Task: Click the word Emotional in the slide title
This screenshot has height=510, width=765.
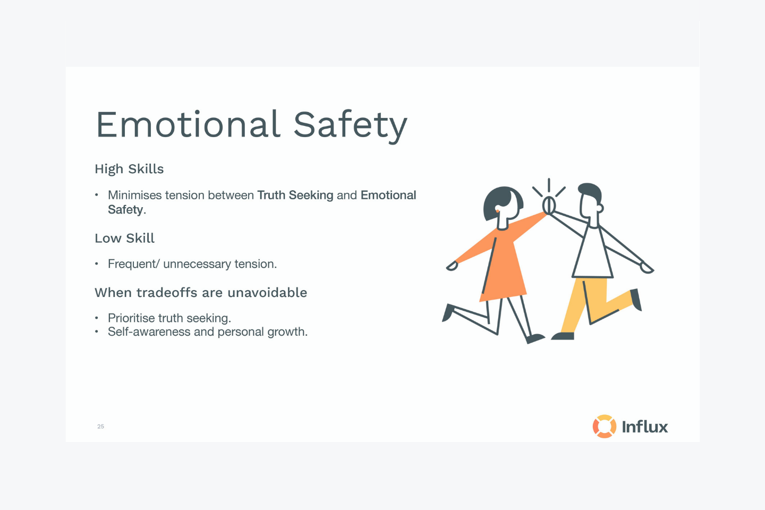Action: tap(189, 124)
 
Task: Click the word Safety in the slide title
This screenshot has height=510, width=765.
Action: tap(351, 127)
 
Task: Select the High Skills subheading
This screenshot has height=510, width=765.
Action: tap(129, 169)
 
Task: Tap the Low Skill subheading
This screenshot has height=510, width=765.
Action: tap(125, 238)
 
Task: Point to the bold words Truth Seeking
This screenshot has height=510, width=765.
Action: tap(295, 195)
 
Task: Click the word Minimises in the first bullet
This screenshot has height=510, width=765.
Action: tap(135, 195)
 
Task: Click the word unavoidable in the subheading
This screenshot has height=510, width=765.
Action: tap(267, 293)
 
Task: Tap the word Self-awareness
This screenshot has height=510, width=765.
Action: tap(149, 331)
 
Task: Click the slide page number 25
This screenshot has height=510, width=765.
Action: tap(100, 426)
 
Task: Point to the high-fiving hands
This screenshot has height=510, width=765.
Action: tap(549, 205)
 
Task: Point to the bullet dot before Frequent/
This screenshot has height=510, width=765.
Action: tap(97, 263)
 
